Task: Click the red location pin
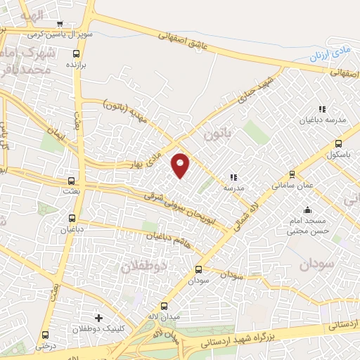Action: pyautogui.click(x=181, y=164)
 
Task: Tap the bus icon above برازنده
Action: pyautogui.click(x=76, y=52)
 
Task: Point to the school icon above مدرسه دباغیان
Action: pyautogui.click(x=322, y=109)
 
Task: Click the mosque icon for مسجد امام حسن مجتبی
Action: pyautogui.click(x=307, y=210)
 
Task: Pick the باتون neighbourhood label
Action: pyautogui.click(x=214, y=131)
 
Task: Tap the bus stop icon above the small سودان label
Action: pyautogui.click(x=198, y=269)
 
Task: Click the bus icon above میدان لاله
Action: pyautogui.click(x=165, y=306)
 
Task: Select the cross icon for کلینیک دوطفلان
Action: pyautogui.click(x=98, y=317)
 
